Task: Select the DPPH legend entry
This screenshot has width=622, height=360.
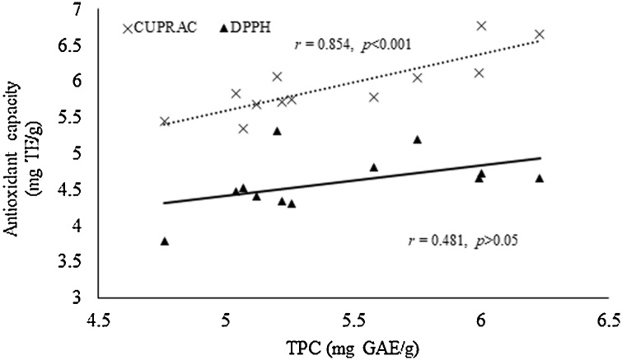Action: pos(244,28)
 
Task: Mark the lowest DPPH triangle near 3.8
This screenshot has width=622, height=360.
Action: pos(165,241)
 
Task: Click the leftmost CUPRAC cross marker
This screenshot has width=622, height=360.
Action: pos(164,121)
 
